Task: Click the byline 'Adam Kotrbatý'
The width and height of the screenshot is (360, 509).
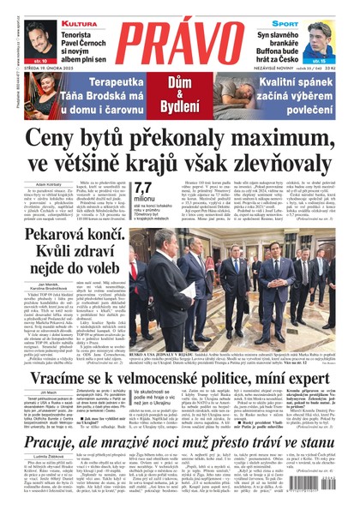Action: pyautogui.click(x=51, y=183)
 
